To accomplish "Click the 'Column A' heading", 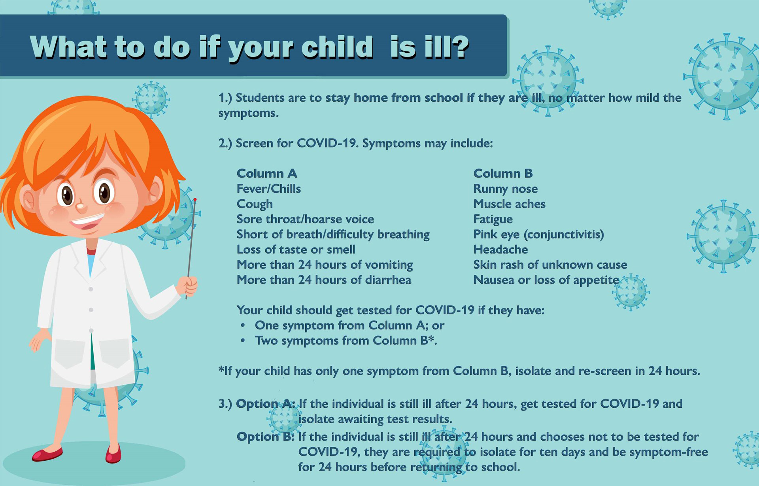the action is pyautogui.click(x=267, y=173).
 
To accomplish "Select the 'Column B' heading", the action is pyautogui.click(x=503, y=173).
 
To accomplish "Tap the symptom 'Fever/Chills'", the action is pyautogui.click(x=269, y=189).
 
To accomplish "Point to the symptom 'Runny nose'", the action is pyautogui.click(x=506, y=189).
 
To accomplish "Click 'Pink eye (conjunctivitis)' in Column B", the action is pyautogui.click(x=539, y=234).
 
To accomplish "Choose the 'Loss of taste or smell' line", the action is pyautogui.click(x=296, y=250).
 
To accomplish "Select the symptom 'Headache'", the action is pyautogui.click(x=501, y=250).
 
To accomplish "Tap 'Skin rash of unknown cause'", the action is pyautogui.click(x=550, y=265).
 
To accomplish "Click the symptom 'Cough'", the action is pyautogui.click(x=255, y=204).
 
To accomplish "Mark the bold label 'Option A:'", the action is pyautogui.click(x=266, y=404).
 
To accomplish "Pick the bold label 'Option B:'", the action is pyautogui.click(x=266, y=437).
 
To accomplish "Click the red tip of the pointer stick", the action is pyautogui.click(x=195, y=200).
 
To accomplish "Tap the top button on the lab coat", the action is pyautogui.click(x=91, y=289).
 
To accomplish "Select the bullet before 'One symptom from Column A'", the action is pyautogui.click(x=243, y=326).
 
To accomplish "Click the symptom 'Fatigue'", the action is pyautogui.click(x=493, y=219).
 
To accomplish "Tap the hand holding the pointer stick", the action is pyautogui.click(x=187, y=286).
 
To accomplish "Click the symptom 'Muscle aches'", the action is pyautogui.click(x=510, y=204).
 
